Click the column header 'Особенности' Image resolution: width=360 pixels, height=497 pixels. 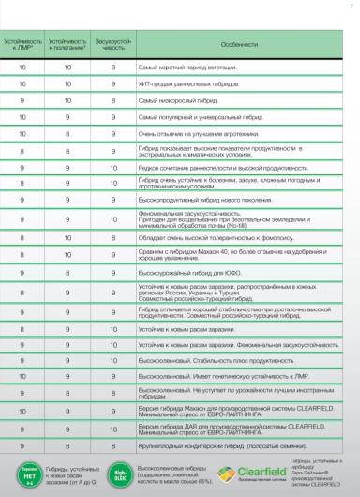pos(239,44)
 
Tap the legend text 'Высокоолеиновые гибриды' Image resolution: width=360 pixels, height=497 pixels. pos(173,466)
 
